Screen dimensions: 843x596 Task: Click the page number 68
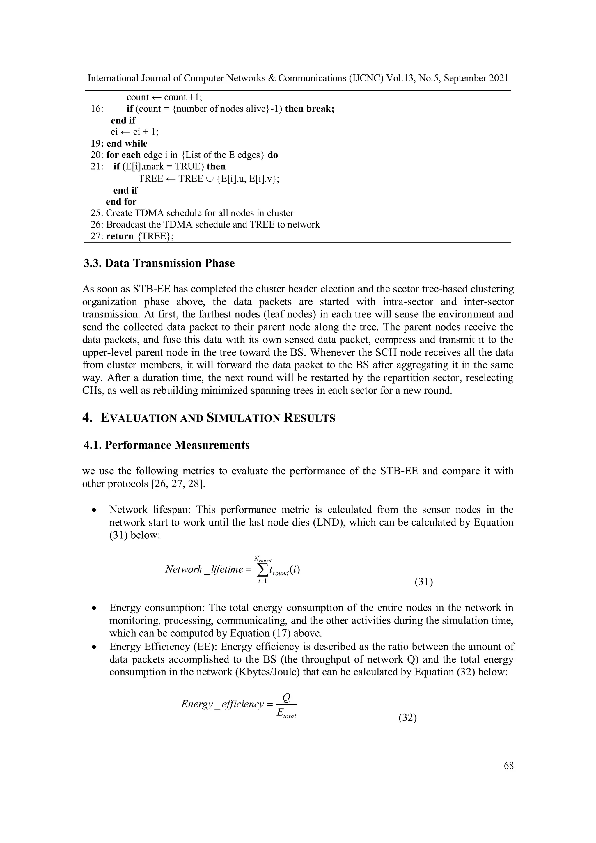[509, 766]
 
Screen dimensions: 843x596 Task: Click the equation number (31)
[424, 582]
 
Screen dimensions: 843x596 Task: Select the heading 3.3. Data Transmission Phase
[159, 263]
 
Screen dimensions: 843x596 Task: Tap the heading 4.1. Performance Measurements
[167, 445]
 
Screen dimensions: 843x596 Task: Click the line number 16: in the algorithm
[97, 109]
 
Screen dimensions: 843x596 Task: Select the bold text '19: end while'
[119, 143]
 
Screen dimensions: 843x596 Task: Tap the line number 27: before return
[97, 236]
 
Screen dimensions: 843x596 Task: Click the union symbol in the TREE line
[210, 179]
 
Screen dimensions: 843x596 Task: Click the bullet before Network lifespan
[95, 510]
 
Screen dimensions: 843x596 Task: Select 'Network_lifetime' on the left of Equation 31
[204, 569]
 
